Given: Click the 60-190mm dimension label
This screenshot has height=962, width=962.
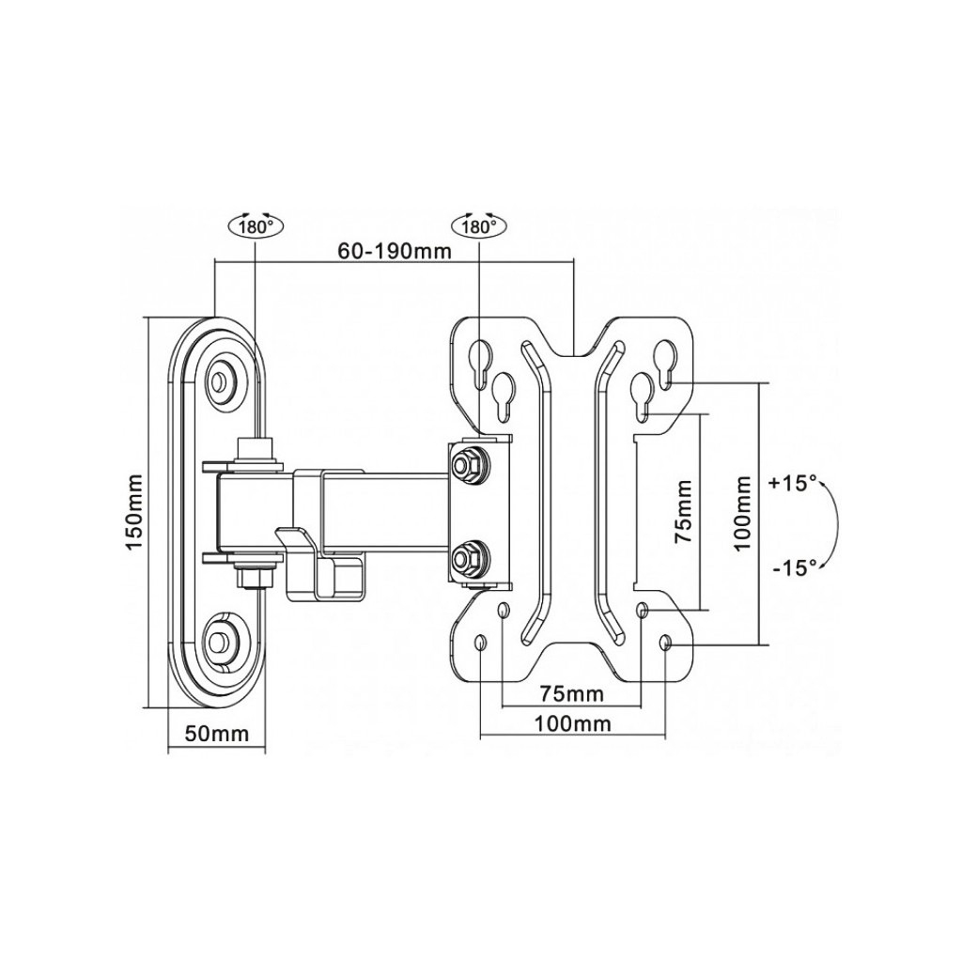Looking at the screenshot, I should [x=395, y=251].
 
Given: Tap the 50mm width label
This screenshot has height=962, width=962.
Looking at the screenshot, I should [x=216, y=734].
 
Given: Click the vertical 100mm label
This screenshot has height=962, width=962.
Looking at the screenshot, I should [x=743, y=513].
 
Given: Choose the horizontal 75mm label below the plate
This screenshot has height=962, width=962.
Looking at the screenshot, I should [x=571, y=694].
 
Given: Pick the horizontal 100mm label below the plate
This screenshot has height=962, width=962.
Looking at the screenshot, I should [x=572, y=723].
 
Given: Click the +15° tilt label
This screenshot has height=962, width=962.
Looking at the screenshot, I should [x=792, y=484].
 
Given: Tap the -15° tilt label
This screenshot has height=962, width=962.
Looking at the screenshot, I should [x=792, y=566].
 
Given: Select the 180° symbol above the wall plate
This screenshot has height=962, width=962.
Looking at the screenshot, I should [x=256, y=226].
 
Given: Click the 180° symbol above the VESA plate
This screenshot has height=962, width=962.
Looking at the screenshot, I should [x=479, y=226].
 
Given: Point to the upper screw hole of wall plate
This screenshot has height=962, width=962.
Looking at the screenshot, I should [x=222, y=381].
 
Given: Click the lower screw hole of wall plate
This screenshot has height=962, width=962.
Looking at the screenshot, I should [x=222, y=643].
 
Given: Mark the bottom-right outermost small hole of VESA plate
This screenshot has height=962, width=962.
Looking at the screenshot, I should [x=666, y=644].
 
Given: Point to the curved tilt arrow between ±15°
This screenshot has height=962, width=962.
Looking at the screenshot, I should [x=832, y=525].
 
